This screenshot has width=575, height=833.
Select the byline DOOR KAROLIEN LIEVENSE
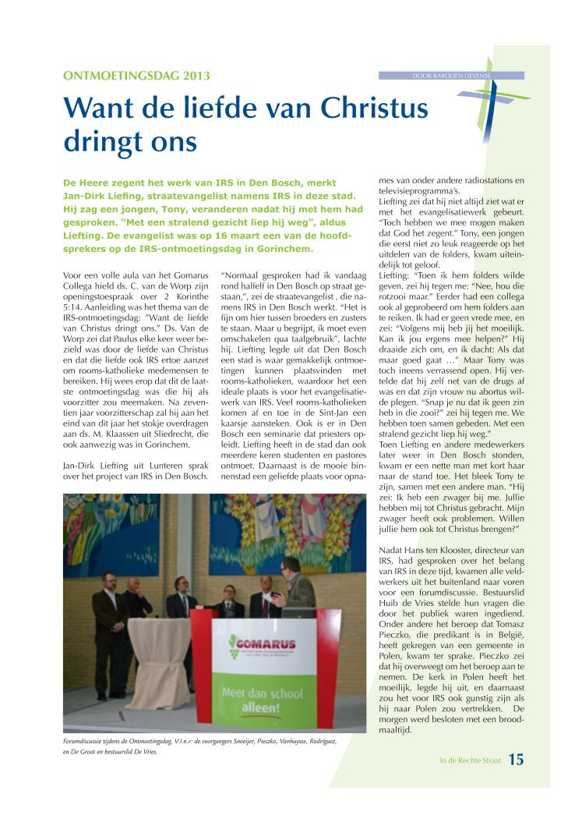(452, 75)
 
